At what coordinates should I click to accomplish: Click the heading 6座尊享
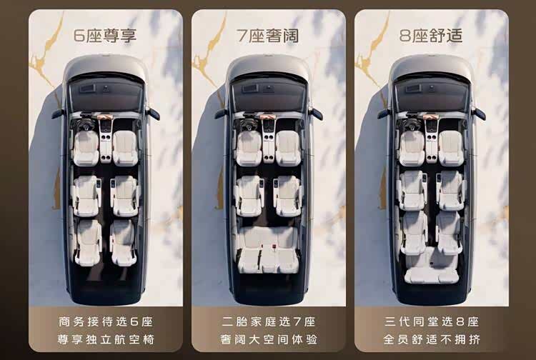[105, 36]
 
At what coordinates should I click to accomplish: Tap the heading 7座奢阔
[268, 36]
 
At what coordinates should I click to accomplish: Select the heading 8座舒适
[431, 36]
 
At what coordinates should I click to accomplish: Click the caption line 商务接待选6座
[105, 321]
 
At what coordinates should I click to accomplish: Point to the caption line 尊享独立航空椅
[106, 339]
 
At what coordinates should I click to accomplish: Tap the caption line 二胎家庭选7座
[268, 321]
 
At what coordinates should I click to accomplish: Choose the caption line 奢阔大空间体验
[269, 339]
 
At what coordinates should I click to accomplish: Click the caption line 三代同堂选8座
[432, 321]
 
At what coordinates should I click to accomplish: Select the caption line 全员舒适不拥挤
[432, 339]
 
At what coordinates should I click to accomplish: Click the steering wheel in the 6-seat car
[86, 124]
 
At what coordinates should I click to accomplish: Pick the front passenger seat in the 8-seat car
[451, 149]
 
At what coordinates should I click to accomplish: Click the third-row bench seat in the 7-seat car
[268, 250]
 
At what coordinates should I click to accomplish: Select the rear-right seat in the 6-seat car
[123, 243]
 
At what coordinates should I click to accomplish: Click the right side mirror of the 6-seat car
[154, 114]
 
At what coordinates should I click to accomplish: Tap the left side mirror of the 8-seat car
[384, 114]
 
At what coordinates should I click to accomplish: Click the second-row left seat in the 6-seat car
[86, 196]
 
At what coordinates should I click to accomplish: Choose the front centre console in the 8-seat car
[432, 144]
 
